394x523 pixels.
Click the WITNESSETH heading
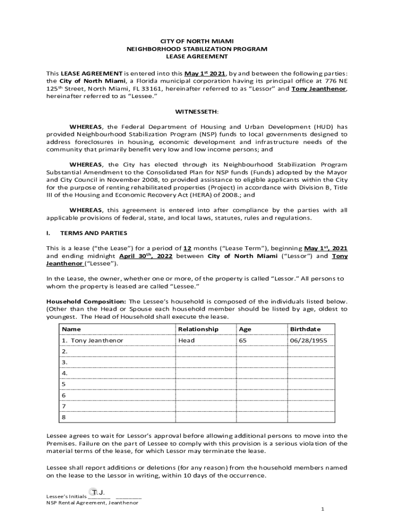click(197, 111)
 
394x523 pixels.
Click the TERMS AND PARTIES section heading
click(94, 233)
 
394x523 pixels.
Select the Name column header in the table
click(71, 329)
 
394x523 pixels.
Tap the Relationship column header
click(198, 329)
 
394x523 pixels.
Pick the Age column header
click(245, 329)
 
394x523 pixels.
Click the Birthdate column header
click(305, 329)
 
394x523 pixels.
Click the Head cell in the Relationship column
click(186, 340)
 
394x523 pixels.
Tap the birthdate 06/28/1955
click(309, 340)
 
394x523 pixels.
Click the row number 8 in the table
click(64, 417)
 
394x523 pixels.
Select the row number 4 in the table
click(64, 373)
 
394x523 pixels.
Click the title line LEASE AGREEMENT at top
click(197, 57)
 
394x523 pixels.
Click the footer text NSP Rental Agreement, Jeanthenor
click(92, 503)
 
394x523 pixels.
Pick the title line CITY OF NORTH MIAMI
click(197, 40)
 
